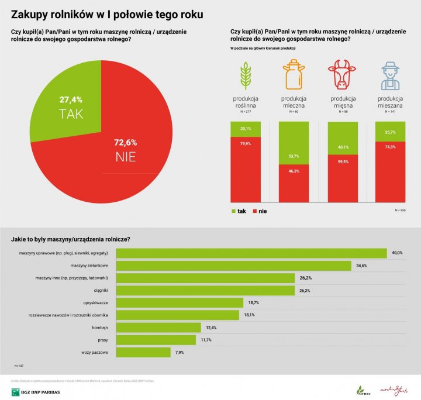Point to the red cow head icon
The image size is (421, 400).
[341, 74]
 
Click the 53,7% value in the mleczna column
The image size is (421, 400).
[294, 156]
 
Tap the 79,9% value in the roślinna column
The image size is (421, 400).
[246, 143]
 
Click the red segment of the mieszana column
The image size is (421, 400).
[390, 171]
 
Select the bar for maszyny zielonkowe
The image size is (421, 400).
[234, 265]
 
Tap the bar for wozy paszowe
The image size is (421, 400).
[143, 352]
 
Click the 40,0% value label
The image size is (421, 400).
[397, 253]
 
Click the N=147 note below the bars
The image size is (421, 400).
[19, 365]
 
